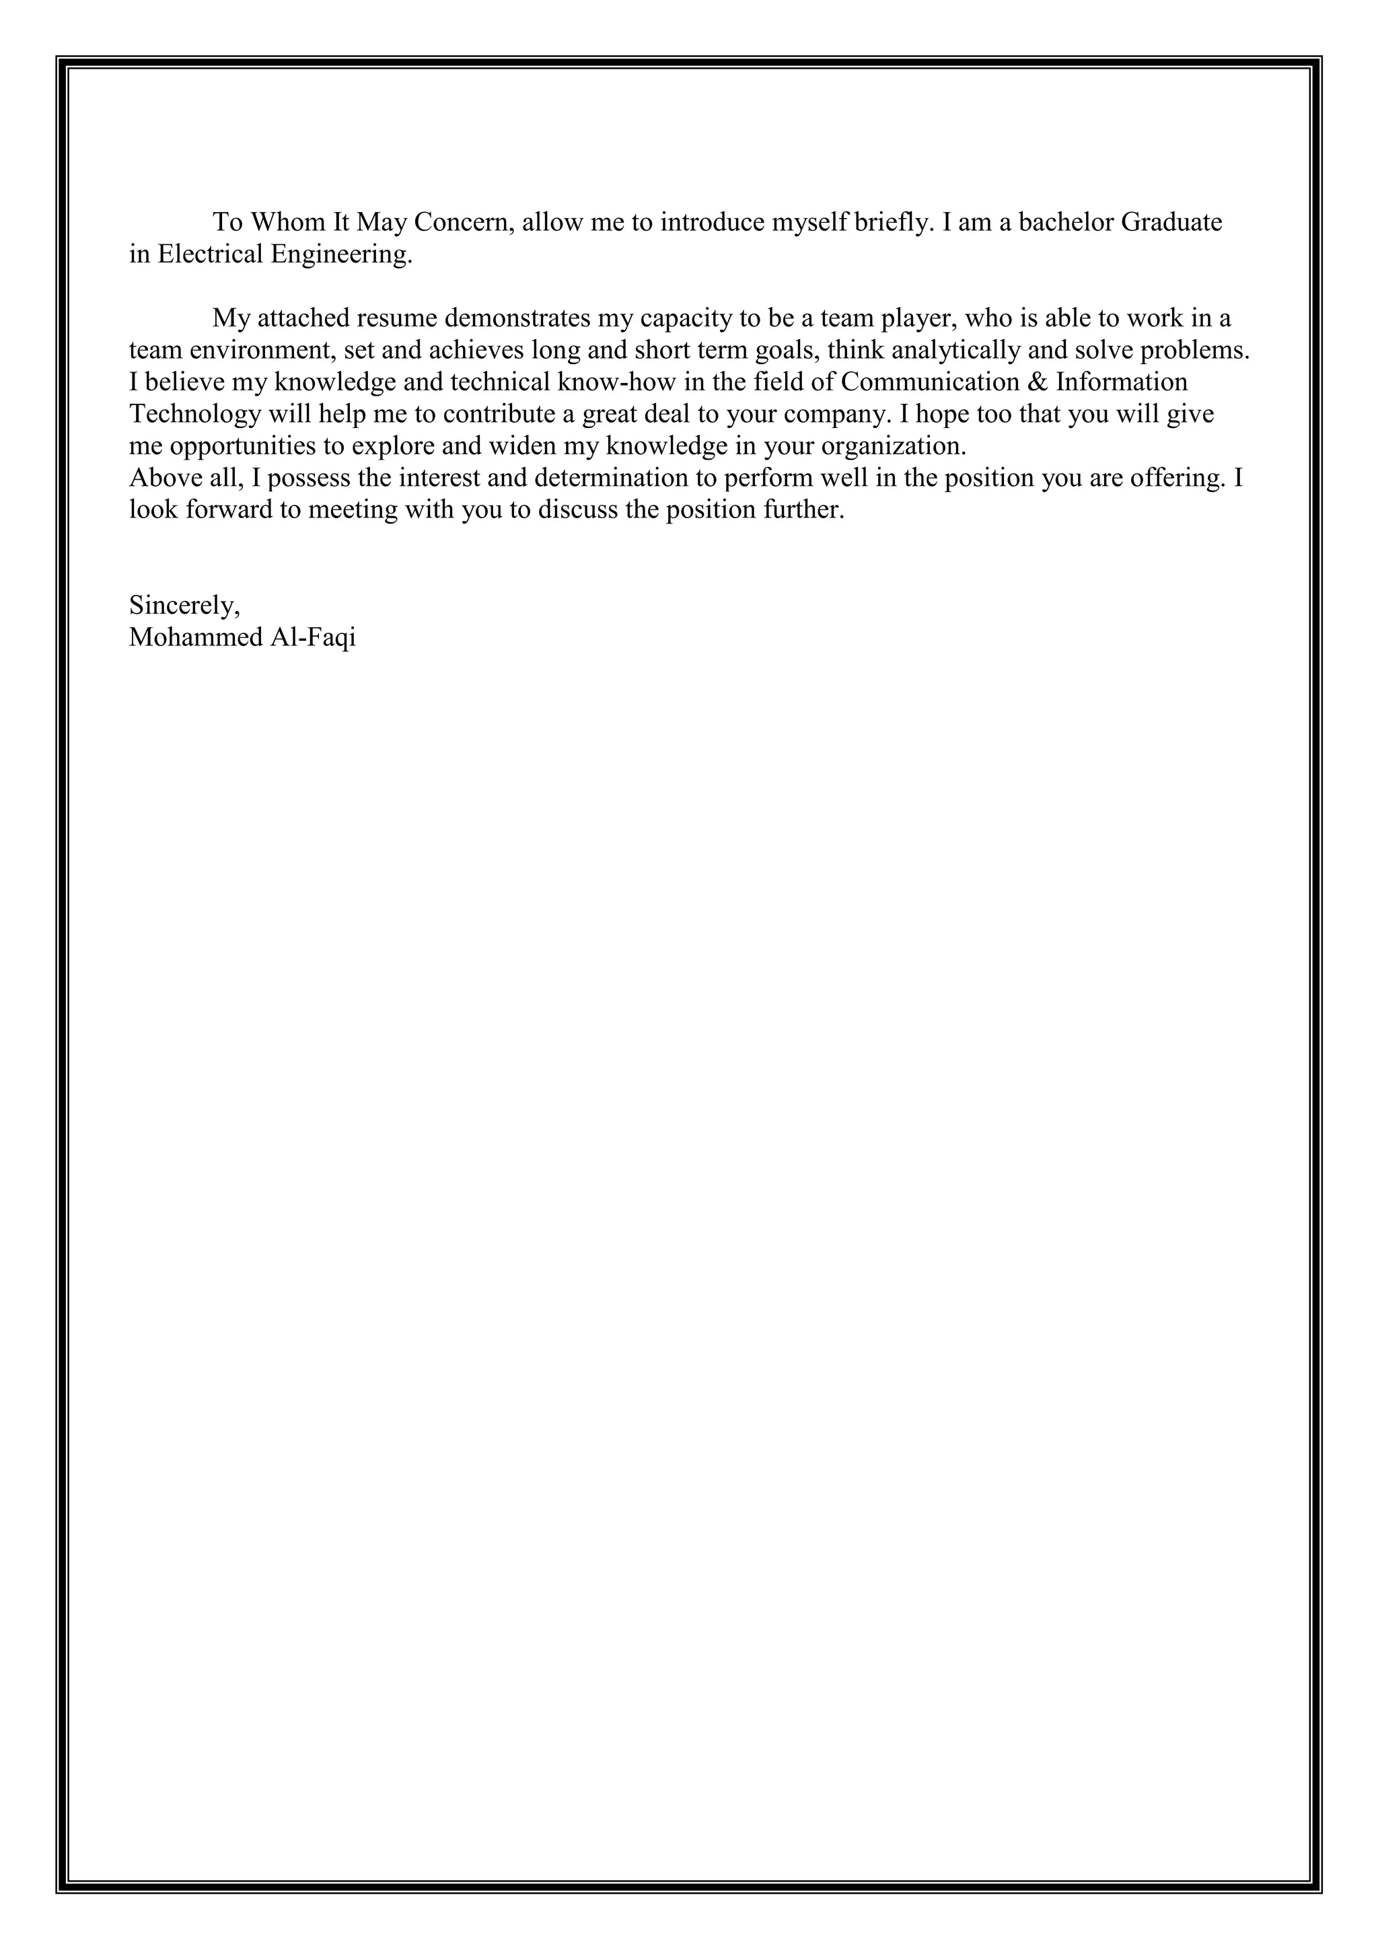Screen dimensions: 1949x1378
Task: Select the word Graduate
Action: coord(1172,222)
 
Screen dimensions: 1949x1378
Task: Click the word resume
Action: coord(397,318)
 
